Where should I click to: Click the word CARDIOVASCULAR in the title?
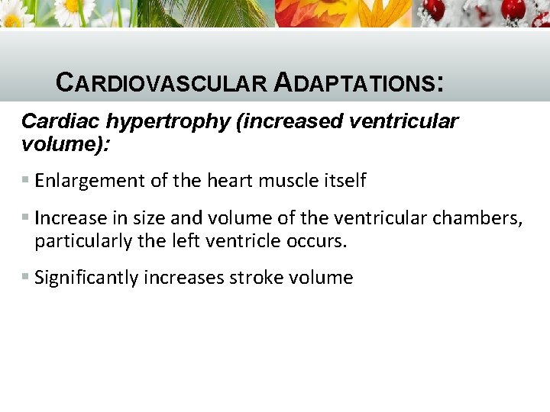coord(160,82)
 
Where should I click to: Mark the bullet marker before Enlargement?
coord(25,181)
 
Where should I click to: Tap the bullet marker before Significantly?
coord(25,278)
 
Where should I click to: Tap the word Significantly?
coord(82,278)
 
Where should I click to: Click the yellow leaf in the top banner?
coord(382,14)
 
